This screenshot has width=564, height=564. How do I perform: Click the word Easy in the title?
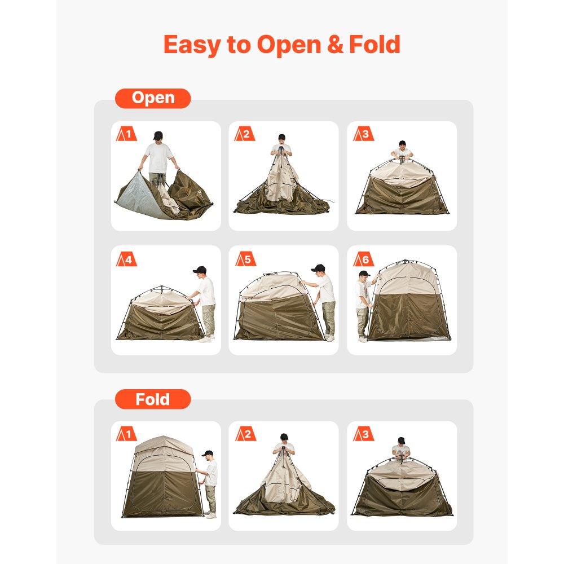point(192,45)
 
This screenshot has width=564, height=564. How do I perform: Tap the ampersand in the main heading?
point(334,45)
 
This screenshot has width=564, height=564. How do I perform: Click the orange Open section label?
point(153,98)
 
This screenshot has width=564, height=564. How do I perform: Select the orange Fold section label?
point(153,399)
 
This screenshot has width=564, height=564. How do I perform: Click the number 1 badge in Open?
point(126,134)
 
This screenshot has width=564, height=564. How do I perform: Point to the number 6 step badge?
point(363,259)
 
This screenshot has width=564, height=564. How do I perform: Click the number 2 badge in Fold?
point(245,434)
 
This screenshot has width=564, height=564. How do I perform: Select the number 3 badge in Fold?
point(363,434)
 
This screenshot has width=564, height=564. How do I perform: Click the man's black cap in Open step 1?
point(158,135)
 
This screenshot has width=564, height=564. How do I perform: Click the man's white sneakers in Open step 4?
point(205,339)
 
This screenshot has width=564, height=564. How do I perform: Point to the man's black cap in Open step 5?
point(319,267)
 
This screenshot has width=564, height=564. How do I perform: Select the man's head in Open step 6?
point(365,275)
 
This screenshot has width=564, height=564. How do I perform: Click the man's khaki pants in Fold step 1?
point(210,499)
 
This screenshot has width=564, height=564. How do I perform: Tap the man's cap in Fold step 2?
point(284,437)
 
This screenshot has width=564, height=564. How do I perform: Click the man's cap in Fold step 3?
point(401,440)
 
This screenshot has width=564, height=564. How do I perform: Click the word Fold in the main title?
point(374,45)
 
